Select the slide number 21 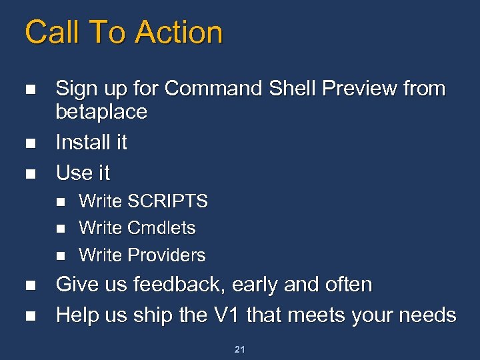click(239, 349)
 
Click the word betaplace click(101, 112)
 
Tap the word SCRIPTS click(168, 201)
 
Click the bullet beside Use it click(28, 173)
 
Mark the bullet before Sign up click(28, 89)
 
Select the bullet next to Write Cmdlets click(60, 229)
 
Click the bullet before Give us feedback click(28, 285)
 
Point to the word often click(348, 285)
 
